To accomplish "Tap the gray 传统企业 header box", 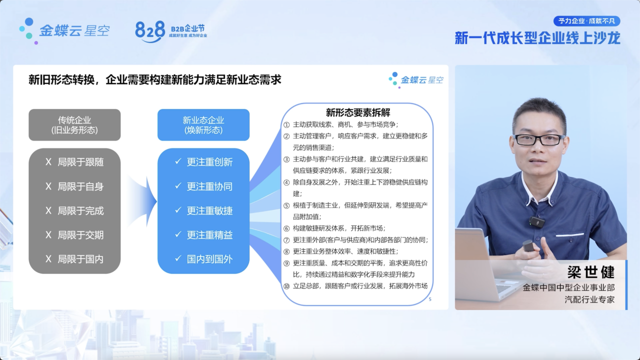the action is point(74,125).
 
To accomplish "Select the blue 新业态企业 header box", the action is point(203,125).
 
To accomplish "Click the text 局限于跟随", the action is point(80,162).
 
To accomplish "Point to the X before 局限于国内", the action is point(48,259).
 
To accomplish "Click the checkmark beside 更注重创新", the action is point(178,161).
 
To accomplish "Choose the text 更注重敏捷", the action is point(209,211).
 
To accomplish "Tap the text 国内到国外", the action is point(209,259).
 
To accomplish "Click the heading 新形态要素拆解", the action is point(357,112).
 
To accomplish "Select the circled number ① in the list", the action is point(286,125).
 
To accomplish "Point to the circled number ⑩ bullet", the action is point(286,286).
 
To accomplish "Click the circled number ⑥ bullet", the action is point(286,228).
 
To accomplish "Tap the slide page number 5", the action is point(430,299).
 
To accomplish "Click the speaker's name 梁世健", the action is point(591,272).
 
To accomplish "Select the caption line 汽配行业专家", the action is point(589,299).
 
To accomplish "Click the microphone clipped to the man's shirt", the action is point(536,221).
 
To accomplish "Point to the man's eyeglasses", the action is point(539,139).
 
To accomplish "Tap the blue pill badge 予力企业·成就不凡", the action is point(586,21).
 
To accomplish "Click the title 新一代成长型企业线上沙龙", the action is point(537,38).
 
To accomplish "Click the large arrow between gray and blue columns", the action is point(143,201).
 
